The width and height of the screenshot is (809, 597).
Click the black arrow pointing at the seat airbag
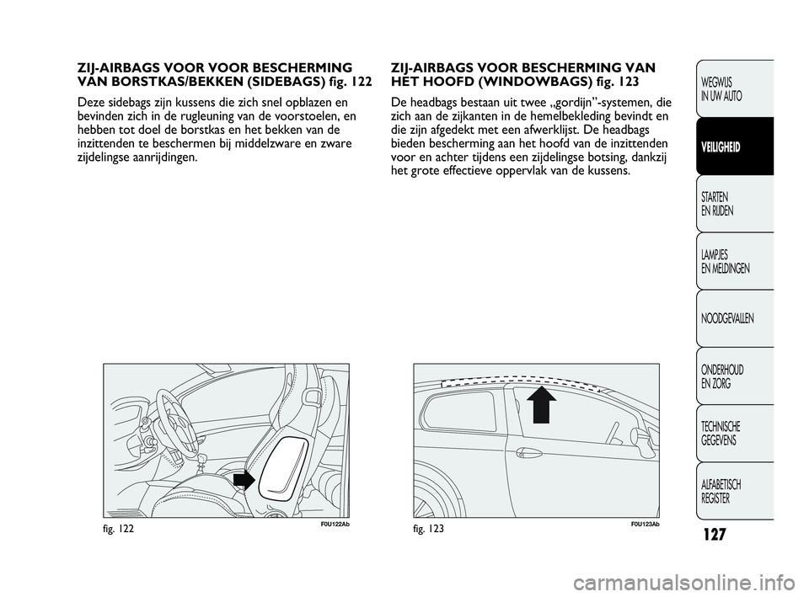click(x=244, y=480)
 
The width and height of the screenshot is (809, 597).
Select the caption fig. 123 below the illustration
click(x=430, y=527)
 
